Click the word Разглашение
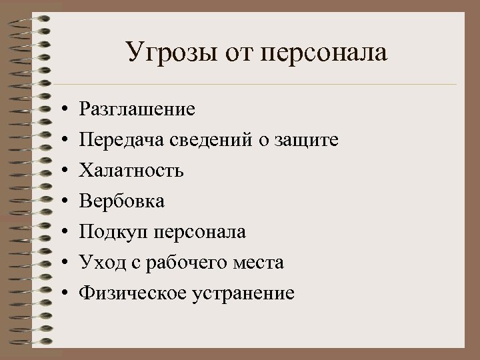point(137,109)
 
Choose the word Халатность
point(131,170)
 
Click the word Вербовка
point(122,201)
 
